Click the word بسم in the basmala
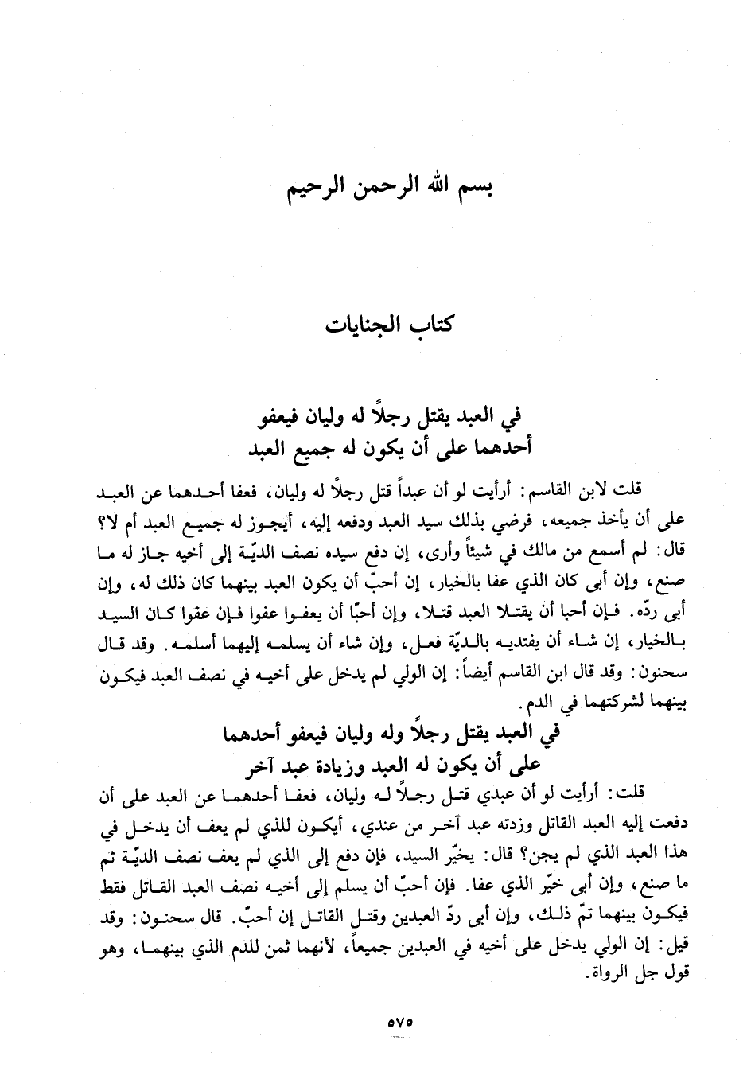(473, 192)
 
